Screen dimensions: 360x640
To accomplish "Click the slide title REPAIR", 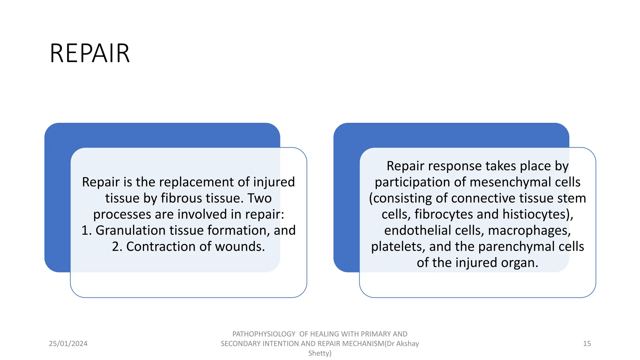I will click(x=90, y=53).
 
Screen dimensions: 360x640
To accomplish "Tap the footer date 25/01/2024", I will click(x=68, y=343).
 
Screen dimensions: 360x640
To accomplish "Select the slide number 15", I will click(x=587, y=343).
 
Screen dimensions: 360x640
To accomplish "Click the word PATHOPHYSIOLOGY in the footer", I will click(x=264, y=334).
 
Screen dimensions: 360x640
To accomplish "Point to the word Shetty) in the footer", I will click(x=320, y=353).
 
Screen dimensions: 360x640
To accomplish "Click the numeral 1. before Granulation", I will click(x=87, y=230).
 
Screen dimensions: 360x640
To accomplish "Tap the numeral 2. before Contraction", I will click(x=117, y=247).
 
